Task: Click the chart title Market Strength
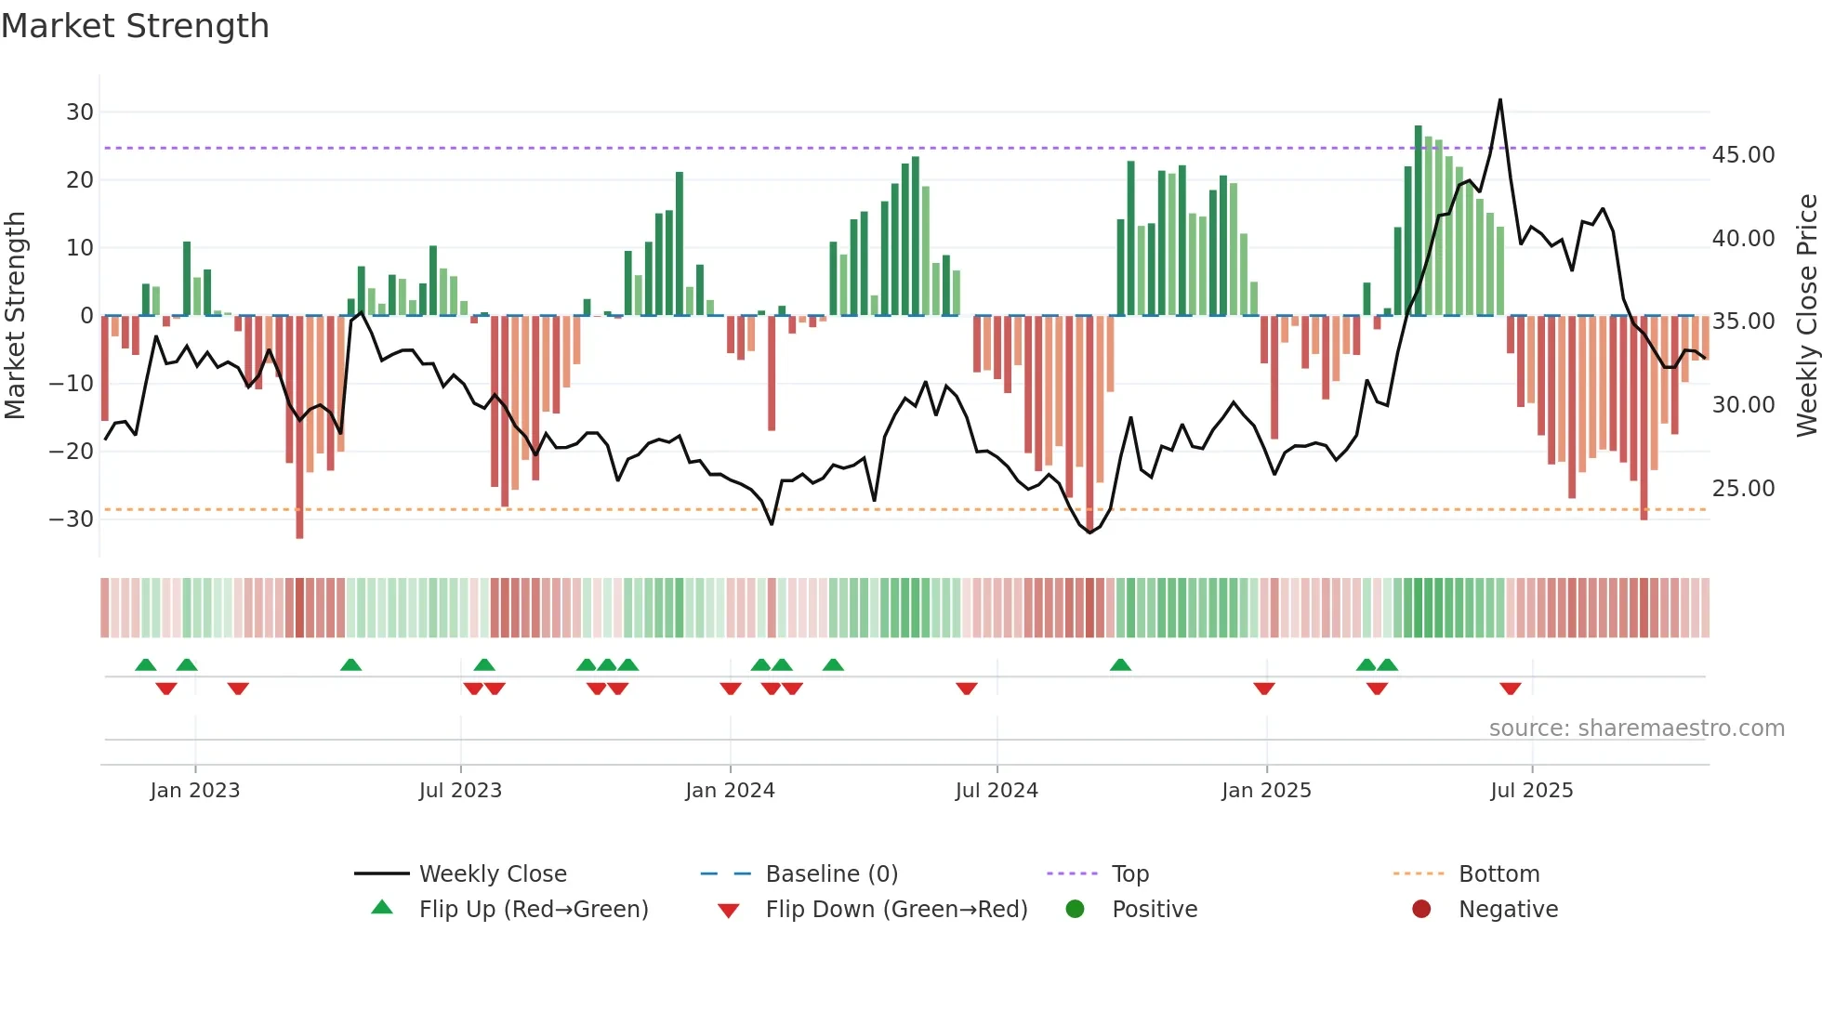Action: pos(136,26)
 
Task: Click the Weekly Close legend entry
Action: pos(492,874)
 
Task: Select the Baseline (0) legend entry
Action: pos(831,874)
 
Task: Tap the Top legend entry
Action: pos(1129,874)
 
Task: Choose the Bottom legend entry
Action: pos(1499,874)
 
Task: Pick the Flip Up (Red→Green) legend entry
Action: pos(533,910)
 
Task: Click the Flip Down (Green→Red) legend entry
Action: pos(896,910)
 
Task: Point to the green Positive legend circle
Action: pos(1076,910)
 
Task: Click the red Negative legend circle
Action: pos(1421,910)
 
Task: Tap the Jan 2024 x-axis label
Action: pos(730,791)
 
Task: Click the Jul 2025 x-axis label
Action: pos(1531,791)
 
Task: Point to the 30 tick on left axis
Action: pos(80,112)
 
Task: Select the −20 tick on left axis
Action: pos(72,452)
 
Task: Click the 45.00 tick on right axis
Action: pos(1743,155)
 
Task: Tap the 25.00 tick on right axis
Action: pos(1743,489)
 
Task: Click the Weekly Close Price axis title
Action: pos(1806,316)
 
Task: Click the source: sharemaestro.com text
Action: pos(1636,729)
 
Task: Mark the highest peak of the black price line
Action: pos(1499,100)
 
